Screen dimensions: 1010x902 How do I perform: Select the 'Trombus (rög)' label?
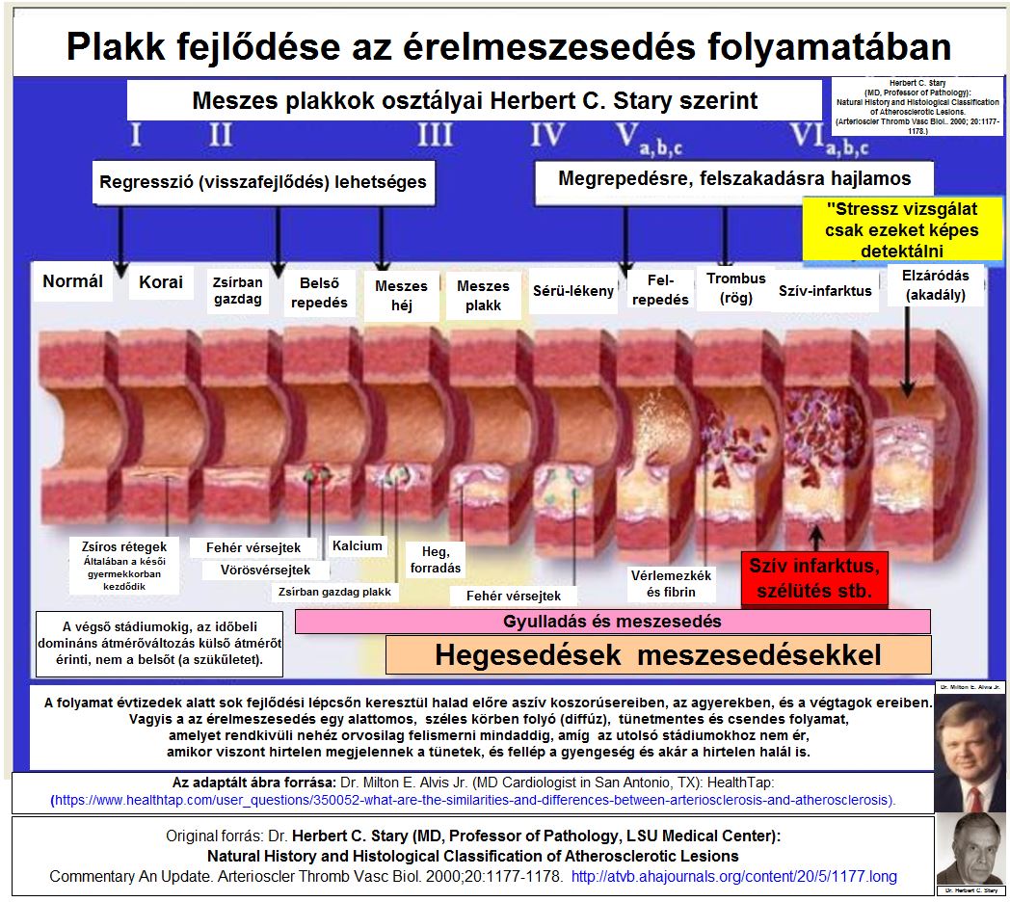pos(735,287)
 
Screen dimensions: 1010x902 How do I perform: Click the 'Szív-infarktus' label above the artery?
pos(825,290)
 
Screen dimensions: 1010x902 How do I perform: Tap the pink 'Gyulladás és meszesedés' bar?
pos(612,621)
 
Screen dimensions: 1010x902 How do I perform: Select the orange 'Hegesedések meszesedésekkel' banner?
pos(657,655)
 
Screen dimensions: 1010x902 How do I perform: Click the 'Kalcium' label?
pos(358,545)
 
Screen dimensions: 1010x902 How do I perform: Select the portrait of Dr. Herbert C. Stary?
pos(970,849)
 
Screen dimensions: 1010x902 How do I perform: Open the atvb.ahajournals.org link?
pos(733,877)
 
